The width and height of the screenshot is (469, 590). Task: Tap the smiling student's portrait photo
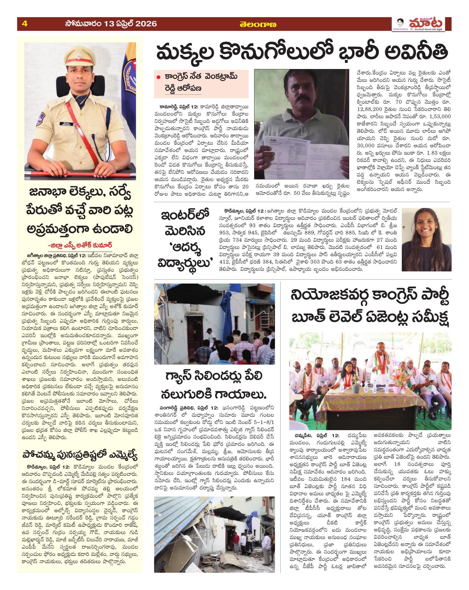click(x=427, y=239)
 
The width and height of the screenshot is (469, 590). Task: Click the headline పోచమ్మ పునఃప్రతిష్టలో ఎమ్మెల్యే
click(x=79, y=454)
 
